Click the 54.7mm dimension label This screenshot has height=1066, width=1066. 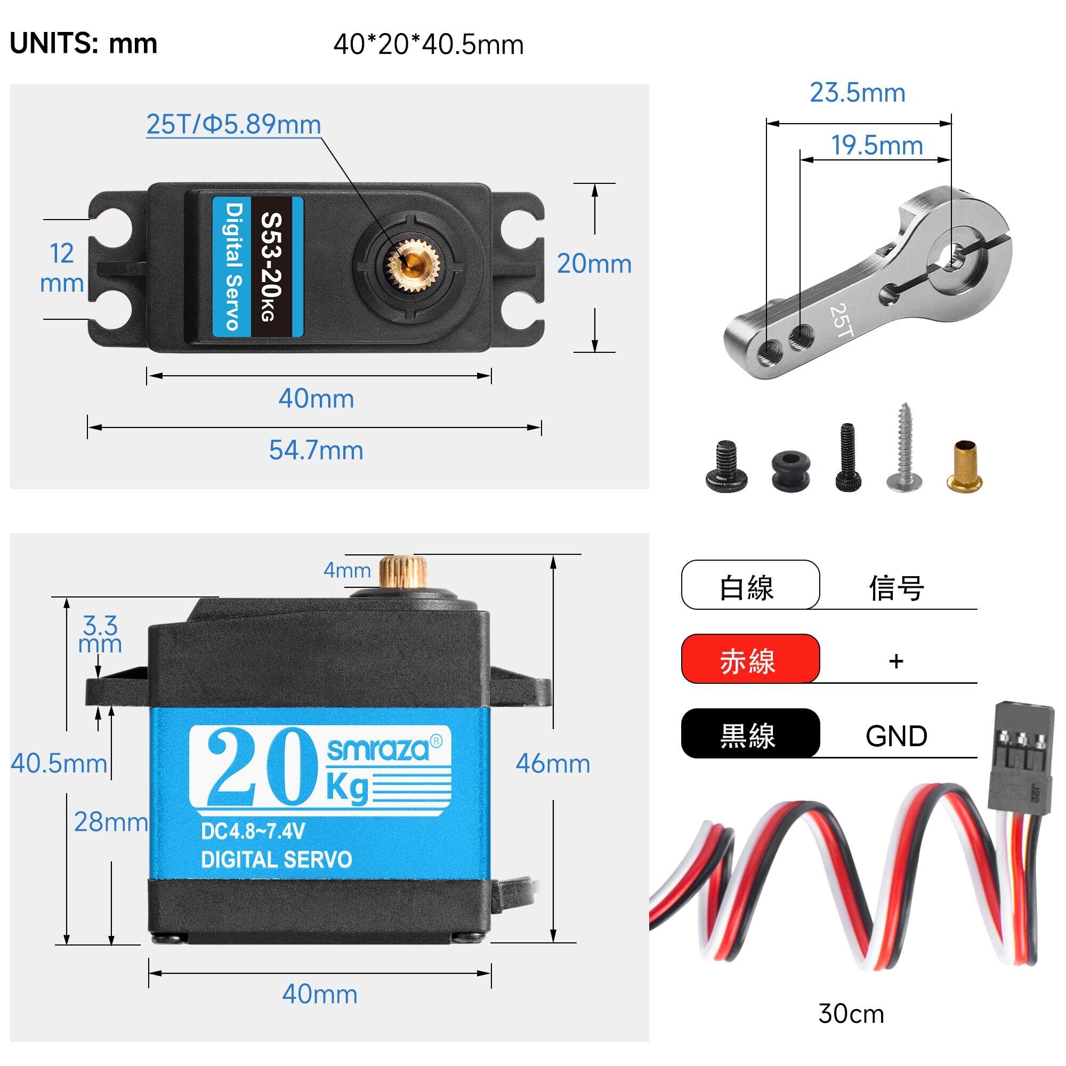point(316,450)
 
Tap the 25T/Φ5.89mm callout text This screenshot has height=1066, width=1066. point(233,124)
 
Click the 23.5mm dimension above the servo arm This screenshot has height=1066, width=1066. point(858,93)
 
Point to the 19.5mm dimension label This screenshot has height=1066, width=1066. point(877,145)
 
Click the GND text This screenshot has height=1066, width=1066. point(896,736)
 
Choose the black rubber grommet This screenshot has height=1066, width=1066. point(789,470)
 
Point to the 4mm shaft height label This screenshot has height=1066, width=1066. point(347,570)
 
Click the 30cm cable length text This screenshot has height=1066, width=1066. point(851,1014)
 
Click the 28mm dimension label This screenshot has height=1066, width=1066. point(111,822)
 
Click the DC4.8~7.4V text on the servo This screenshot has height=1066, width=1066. point(253,831)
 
